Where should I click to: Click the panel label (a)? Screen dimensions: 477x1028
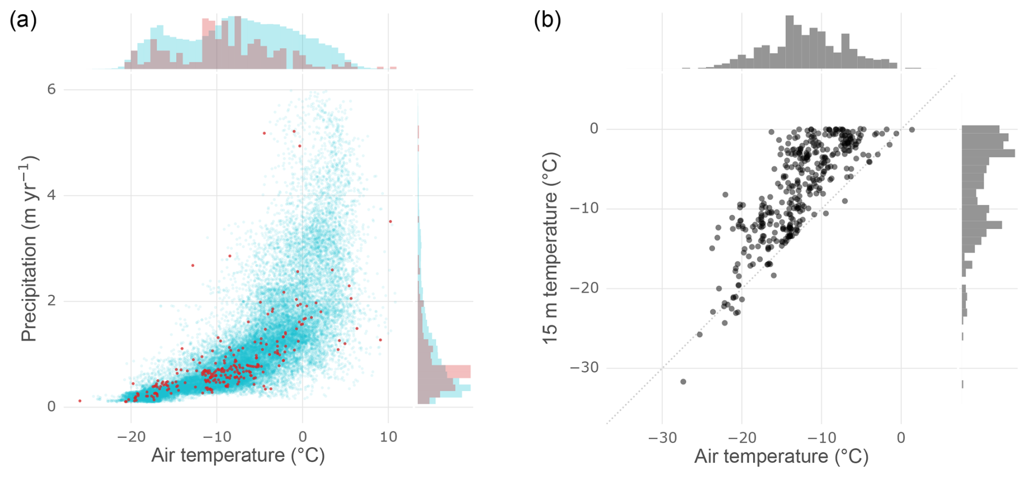[23, 21]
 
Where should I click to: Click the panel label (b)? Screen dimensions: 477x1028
[547, 21]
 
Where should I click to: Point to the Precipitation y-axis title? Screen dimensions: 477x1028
[28, 248]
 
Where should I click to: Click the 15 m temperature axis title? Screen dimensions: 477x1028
[551, 248]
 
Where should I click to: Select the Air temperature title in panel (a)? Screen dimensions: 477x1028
[238, 455]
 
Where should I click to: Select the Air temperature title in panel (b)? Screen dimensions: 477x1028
[781, 456]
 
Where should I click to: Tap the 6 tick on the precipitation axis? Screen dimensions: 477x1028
[52, 89]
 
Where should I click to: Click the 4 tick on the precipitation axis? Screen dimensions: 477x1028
[52, 195]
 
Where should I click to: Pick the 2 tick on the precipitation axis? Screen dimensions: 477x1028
[52, 301]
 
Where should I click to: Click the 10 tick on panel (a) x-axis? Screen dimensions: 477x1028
[388, 436]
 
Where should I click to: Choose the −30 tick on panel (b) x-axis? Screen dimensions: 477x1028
[662, 437]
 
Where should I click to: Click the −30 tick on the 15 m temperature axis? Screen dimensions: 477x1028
[584, 368]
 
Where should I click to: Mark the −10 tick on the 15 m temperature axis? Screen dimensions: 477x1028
[584, 209]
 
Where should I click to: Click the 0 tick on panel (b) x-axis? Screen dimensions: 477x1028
[901, 437]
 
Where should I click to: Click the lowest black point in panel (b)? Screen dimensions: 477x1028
[683, 382]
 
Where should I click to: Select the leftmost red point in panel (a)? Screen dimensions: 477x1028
[80, 401]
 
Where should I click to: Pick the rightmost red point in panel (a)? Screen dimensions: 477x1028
[391, 222]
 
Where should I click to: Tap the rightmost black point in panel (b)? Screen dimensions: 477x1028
[912, 129]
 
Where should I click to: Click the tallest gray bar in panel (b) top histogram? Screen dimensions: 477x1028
[789, 42]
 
